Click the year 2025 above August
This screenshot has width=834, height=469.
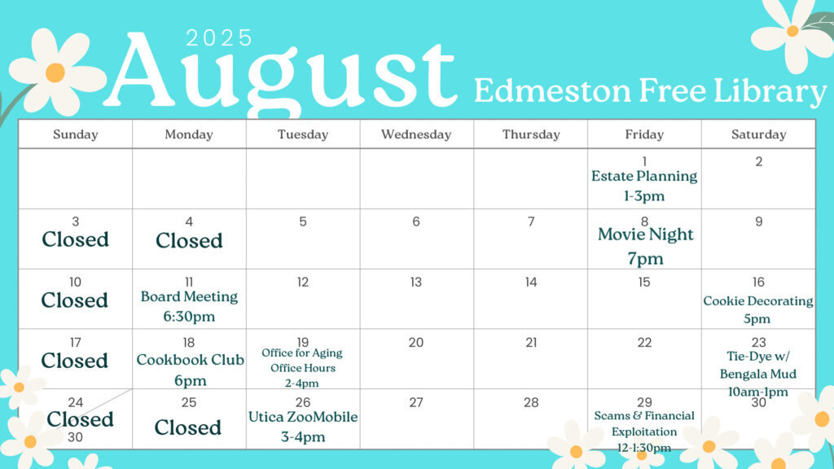pyautogui.click(x=219, y=37)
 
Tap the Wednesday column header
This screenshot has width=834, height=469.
pyautogui.click(x=416, y=134)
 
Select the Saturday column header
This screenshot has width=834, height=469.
pyautogui.click(x=758, y=134)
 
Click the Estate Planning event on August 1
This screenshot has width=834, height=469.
pyautogui.click(x=644, y=186)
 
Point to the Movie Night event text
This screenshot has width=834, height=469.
pyautogui.click(x=645, y=246)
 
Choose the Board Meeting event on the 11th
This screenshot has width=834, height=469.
pyautogui.click(x=189, y=306)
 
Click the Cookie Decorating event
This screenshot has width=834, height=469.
pyautogui.click(x=757, y=309)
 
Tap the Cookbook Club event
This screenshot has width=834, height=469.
pyautogui.click(x=190, y=370)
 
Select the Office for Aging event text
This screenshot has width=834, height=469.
pyautogui.click(x=302, y=367)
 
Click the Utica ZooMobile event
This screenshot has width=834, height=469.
pyautogui.click(x=303, y=427)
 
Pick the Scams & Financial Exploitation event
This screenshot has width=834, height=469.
pyautogui.click(x=644, y=432)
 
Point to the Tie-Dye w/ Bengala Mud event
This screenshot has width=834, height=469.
pyautogui.click(x=758, y=374)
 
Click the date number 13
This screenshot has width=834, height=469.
pyautogui.click(x=416, y=282)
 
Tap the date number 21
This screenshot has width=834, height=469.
pyautogui.click(x=531, y=343)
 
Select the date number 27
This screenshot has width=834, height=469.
pyautogui.click(x=416, y=402)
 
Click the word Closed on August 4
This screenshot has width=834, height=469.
pyautogui.click(x=189, y=240)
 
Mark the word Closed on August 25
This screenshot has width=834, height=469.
pyautogui.click(x=188, y=427)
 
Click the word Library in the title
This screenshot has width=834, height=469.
pyautogui.click(x=770, y=91)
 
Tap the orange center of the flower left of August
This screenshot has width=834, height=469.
pyautogui.click(x=55, y=72)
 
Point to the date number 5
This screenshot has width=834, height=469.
pyautogui.click(x=303, y=221)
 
